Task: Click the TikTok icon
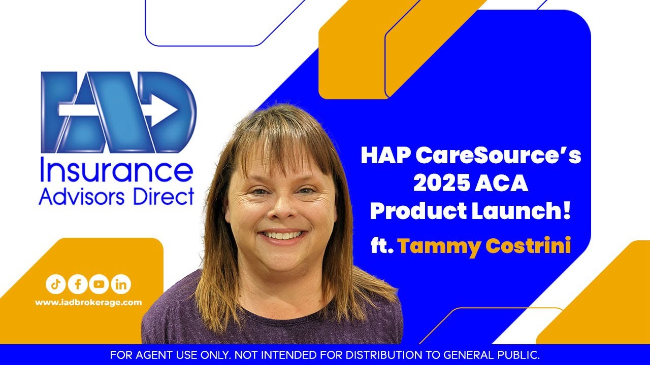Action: pos(55,284)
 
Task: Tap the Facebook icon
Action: pos(77,284)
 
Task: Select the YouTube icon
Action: pos(99,284)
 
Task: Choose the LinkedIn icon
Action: pos(120,284)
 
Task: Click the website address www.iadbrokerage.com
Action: pos(88,302)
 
